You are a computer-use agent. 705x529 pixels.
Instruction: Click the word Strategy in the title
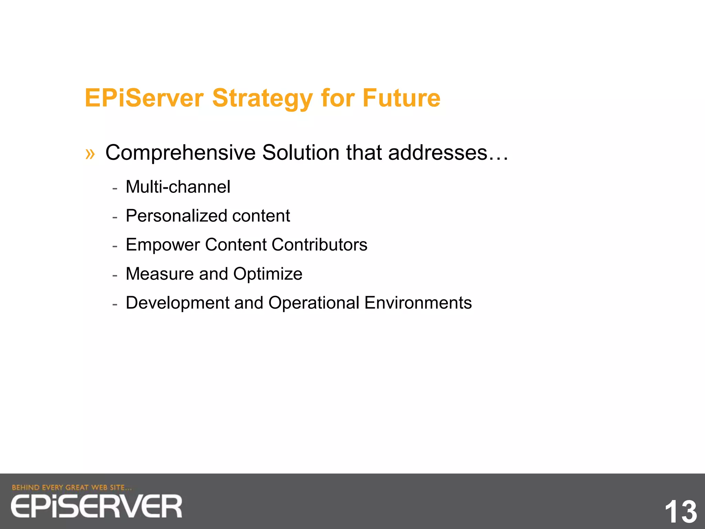[262, 99]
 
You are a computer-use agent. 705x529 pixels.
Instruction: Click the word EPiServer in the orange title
[144, 98]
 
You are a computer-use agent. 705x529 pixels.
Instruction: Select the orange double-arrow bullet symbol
[90, 154]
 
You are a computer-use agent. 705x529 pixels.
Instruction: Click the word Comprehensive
[180, 153]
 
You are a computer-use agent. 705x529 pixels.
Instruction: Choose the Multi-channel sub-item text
[178, 187]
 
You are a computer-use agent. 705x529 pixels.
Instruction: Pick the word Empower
[162, 245]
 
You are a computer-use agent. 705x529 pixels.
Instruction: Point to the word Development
[177, 303]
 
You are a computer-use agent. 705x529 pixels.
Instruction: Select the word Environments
[418, 303]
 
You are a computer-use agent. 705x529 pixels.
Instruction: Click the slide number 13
[680, 512]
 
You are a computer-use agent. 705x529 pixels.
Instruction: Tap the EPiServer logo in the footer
[96, 506]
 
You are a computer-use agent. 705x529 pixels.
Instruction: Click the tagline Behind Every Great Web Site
[72, 487]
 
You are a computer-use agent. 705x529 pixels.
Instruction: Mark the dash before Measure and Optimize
[115, 275]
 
